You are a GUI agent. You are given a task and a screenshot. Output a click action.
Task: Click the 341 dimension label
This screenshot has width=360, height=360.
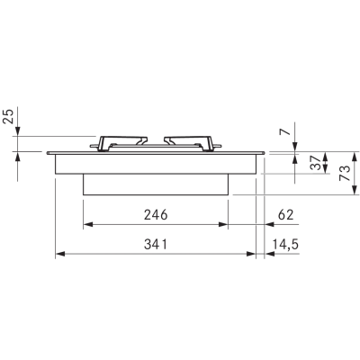tap(156, 245)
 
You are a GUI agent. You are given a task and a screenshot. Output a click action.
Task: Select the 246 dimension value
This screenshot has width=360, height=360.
tap(156, 215)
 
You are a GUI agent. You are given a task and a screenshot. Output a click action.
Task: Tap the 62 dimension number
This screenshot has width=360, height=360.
tap(285, 215)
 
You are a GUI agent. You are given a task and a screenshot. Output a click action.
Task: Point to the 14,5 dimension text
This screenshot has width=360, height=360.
tap(285, 245)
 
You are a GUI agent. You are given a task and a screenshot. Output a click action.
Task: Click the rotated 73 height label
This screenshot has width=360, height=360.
tap(345, 173)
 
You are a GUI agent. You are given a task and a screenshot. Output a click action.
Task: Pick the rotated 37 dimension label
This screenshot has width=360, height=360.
tap(316, 163)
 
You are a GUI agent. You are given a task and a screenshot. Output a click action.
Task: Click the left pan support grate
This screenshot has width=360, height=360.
tap(119, 143)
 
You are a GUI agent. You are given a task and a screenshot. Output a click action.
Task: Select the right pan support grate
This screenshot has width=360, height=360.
tap(193, 143)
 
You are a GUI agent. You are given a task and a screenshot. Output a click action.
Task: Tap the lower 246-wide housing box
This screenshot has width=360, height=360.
tap(156, 184)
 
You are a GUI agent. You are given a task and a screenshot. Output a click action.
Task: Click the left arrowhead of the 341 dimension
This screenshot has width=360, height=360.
tap(60, 254)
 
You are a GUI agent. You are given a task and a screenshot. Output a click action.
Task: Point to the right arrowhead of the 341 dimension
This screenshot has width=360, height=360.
tap(251, 254)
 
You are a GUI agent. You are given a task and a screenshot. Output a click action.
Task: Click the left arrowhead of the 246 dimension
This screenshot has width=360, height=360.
tap(88, 224)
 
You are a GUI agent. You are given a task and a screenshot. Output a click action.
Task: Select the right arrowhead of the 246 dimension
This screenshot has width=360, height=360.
tap(223, 224)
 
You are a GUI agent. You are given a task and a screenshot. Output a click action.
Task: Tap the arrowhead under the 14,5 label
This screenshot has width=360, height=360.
tap(270, 254)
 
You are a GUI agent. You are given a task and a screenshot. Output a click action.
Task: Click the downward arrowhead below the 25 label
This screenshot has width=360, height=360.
tap(18, 131)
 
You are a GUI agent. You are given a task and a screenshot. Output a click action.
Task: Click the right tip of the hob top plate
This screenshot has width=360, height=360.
tap(265, 153)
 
